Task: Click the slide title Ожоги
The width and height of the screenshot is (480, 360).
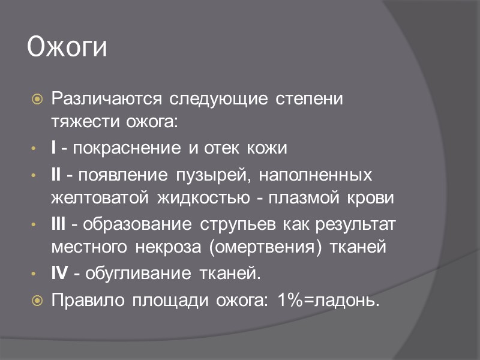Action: click(x=67, y=49)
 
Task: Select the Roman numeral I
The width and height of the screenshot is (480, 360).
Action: click(x=54, y=148)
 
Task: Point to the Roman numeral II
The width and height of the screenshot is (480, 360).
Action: click(x=56, y=175)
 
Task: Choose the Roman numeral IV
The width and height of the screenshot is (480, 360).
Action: click(x=60, y=274)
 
